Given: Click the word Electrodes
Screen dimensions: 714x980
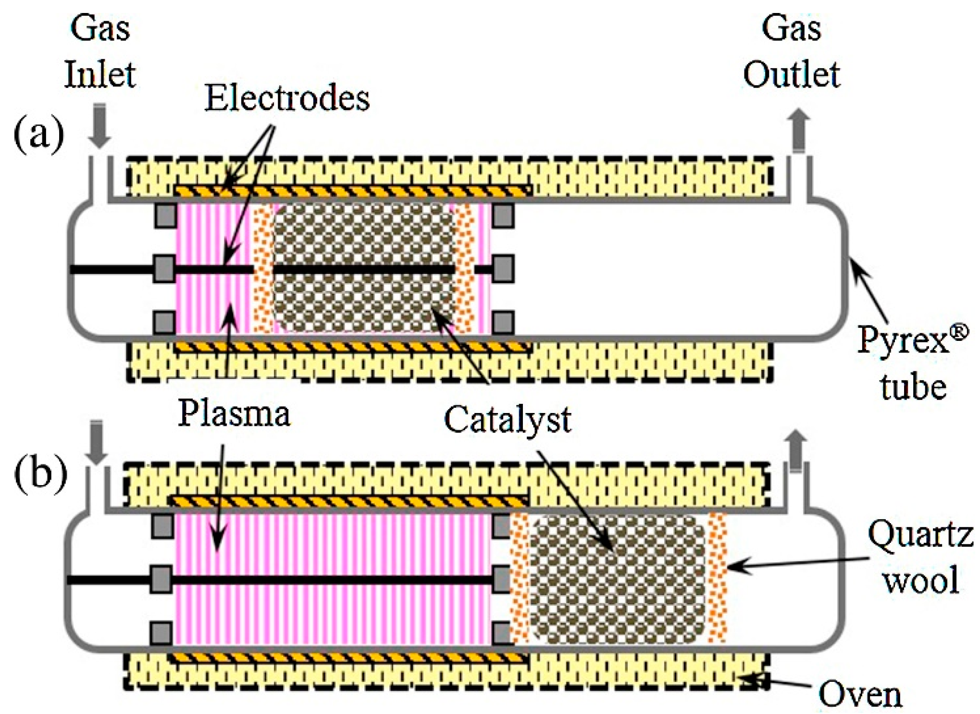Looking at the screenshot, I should click(x=287, y=99).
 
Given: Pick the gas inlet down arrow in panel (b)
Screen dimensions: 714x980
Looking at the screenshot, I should click(x=96, y=441).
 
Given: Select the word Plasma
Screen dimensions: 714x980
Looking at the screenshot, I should click(x=234, y=414).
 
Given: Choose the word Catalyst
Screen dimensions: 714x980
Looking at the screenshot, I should click(x=507, y=420).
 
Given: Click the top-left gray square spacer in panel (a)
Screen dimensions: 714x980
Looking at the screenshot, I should click(x=165, y=215).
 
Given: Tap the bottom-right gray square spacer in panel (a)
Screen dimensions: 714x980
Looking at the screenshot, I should click(x=503, y=322).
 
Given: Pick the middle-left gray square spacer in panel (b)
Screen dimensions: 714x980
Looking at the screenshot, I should click(x=161, y=579).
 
